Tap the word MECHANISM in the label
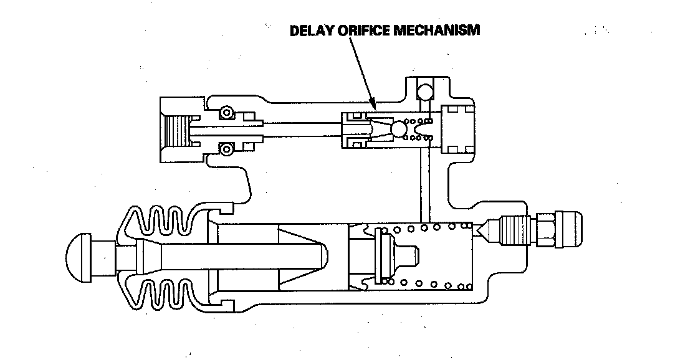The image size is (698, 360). [x=437, y=30]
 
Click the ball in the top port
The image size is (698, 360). [x=425, y=92]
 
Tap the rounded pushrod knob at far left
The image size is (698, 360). [x=82, y=255]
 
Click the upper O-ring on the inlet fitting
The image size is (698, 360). [x=226, y=113]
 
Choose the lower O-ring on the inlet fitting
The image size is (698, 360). [x=226, y=149]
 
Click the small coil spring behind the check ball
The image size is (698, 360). [x=419, y=129]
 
